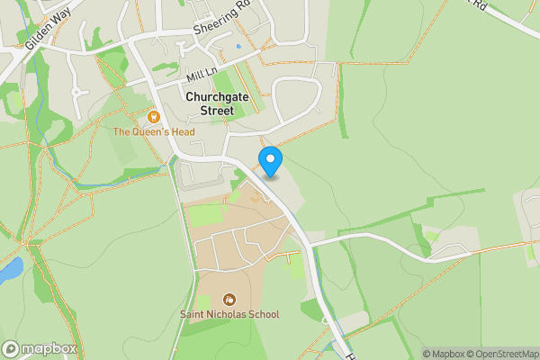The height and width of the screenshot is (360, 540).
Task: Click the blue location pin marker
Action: click(270, 161)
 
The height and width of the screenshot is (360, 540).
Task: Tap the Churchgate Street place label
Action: click(215, 103)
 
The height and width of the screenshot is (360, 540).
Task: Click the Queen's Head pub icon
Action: click(153, 117)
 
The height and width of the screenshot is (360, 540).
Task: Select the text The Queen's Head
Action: click(154, 132)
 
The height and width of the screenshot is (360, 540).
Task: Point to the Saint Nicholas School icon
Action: click(229, 299)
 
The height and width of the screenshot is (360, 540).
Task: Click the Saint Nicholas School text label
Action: click(229, 314)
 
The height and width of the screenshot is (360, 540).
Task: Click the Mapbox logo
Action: click(40, 348)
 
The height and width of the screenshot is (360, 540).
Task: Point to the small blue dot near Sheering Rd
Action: click(238, 46)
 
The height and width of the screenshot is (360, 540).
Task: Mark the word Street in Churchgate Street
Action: click(215, 111)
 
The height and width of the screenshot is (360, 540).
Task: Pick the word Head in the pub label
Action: click(181, 132)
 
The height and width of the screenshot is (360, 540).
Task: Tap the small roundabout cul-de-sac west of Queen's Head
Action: click(76, 91)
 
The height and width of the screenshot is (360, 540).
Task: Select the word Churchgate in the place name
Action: click(215, 96)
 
